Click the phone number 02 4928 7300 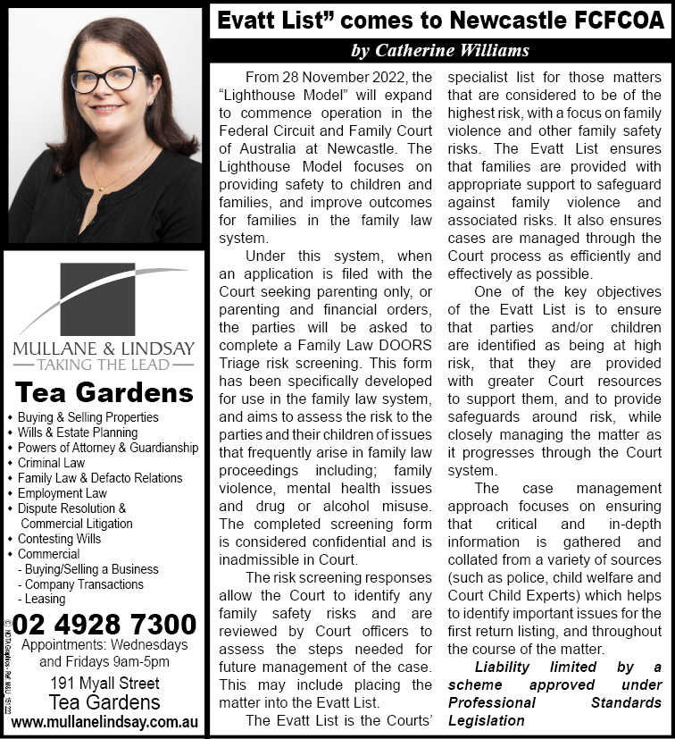coord(105,624)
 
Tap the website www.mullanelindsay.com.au coord(105,720)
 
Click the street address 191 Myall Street coord(105,684)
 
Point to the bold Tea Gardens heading coord(104,392)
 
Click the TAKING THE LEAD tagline coord(104,365)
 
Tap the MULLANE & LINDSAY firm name coord(104,347)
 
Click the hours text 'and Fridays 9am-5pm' coord(104,662)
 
